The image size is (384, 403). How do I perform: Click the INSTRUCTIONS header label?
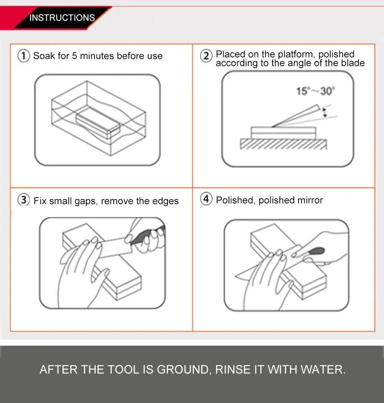[62, 18]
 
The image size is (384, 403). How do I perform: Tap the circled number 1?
[24, 56]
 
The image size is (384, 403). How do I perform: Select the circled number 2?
[206, 56]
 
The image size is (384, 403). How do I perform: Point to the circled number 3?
[24, 200]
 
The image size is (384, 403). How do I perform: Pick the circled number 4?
[206, 199]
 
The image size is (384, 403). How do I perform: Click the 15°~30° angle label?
[315, 91]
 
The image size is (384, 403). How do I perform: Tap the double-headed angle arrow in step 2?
[325, 113]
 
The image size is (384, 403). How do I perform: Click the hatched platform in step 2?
[283, 144]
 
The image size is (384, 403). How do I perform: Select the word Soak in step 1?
[44, 56]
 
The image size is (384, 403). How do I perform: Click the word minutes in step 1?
[97, 56]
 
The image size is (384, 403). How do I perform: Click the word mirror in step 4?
[311, 200]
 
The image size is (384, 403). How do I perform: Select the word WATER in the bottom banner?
[323, 369]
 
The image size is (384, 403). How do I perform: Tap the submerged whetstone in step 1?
[98, 123]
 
